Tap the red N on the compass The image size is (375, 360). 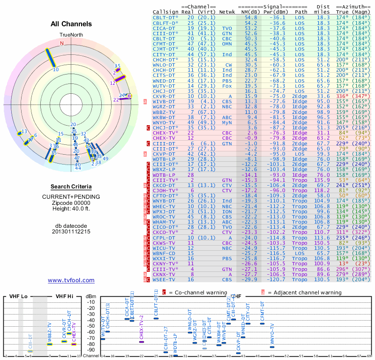tap(61, 43)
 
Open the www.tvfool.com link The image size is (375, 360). tap(71, 280)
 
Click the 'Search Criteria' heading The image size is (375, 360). tap(71, 187)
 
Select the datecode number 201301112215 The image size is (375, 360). tap(71, 232)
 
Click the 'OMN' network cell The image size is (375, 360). tap(227, 44)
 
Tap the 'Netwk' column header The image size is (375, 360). tap(227, 11)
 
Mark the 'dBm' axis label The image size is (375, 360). tap(91, 296)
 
